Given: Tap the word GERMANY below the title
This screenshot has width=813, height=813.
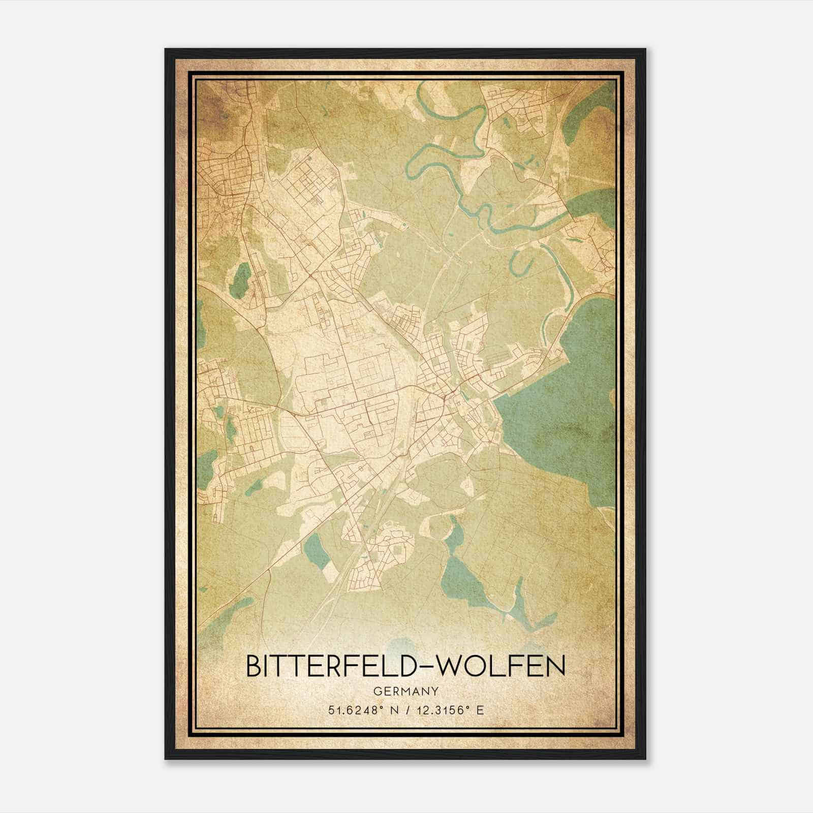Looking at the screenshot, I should click(405, 692).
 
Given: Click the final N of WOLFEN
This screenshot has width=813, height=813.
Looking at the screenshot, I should click(555, 667).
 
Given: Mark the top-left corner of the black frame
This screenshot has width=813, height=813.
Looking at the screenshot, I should click(166, 50).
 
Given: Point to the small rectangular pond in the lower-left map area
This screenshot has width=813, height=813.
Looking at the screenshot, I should click(315, 551).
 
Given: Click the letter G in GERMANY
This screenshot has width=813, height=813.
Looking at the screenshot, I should click(377, 692).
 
